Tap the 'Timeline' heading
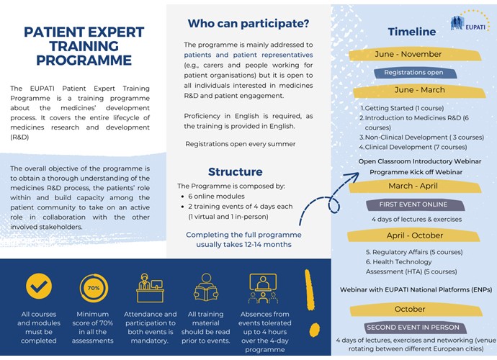(x=411, y=32)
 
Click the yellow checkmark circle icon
(x=38, y=287)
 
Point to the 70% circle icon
(x=94, y=287)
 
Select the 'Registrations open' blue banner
(x=413, y=73)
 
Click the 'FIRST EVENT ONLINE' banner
(x=413, y=204)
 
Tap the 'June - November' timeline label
(x=414, y=54)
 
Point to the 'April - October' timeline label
(x=414, y=235)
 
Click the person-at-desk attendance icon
(x=150, y=287)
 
